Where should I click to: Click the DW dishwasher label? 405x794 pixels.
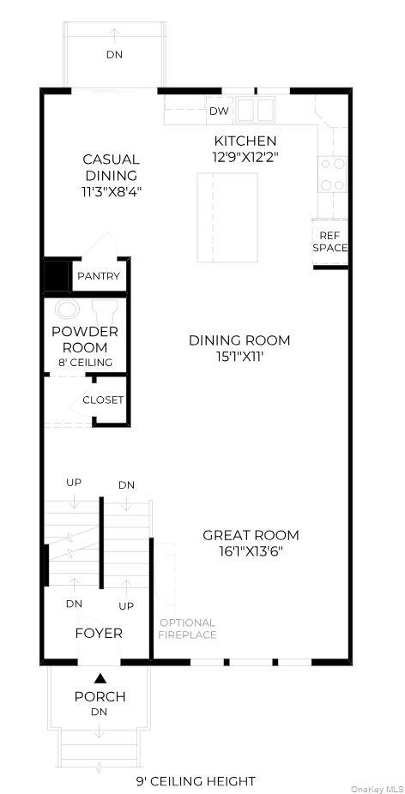pyautogui.click(x=219, y=111)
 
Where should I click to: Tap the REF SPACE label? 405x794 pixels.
pyautogui.click(x=330, y=242)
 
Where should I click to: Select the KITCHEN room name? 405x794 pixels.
pyautogui.click(x=245, y=141)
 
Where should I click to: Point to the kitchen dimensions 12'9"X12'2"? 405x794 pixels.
pyautogui.click(x=245, y=157)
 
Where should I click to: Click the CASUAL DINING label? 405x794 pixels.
pyautogui.click(x=111, y=167)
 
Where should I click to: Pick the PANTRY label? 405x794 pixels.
pyautogui.click(x=99, y=276)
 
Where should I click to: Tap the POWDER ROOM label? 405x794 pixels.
pyautogui.click(x=85, y=340)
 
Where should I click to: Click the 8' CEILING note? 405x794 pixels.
pyautogui.click(x=85, y=363)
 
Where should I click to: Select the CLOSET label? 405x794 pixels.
pyautogui.click(x=103, y=400)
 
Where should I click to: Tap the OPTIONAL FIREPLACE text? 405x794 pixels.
pyautogui.click(x=188, y=629)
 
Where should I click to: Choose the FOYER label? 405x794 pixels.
pyautogui.click(x=99, y=633)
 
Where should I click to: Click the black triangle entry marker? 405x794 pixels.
pyautogui.click(x=100, y=677)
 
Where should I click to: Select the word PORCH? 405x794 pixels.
pyautogui.click(x=100, y=697)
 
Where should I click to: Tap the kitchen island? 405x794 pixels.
pyautogui.click(x=227, y=218)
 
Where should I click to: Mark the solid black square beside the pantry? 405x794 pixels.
pyautogui.click(x=56, y=276)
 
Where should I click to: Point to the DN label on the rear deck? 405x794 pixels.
pyautogui.click(x=114, y=55)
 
